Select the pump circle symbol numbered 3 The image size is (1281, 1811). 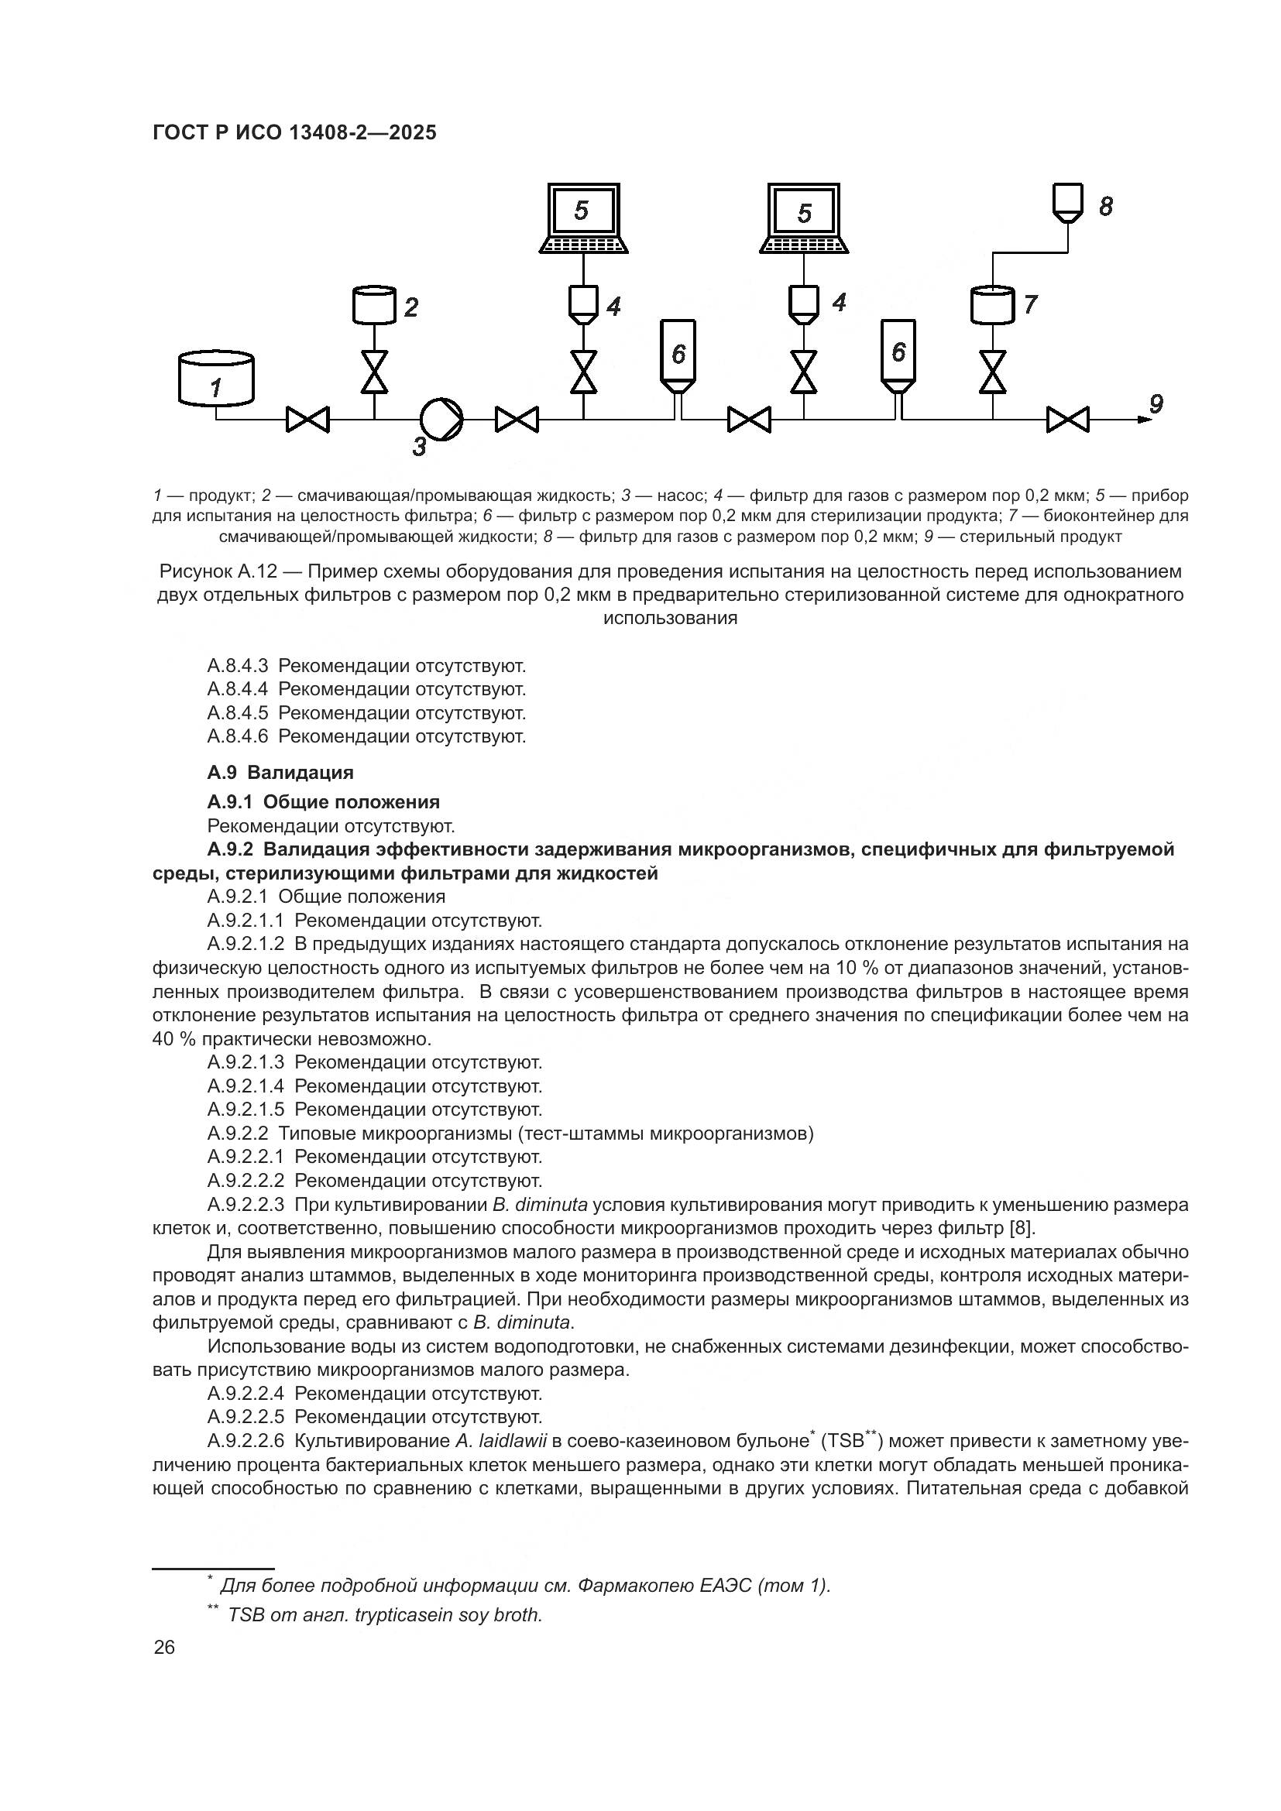(441, 419)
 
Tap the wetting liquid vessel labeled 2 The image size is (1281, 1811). (374, 306)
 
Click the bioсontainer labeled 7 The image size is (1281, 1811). (992, 304)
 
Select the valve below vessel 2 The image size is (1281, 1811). (374, 372)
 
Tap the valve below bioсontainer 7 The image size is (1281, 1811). (992, 372)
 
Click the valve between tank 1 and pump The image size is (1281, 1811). (307, 420)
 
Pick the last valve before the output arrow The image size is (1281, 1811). (1067, 420)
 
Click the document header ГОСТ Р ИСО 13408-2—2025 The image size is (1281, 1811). (294, 132)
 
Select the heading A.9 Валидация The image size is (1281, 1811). (280, 772)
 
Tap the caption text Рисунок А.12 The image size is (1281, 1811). (208, 571)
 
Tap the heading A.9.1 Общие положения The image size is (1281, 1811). (324, 802)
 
